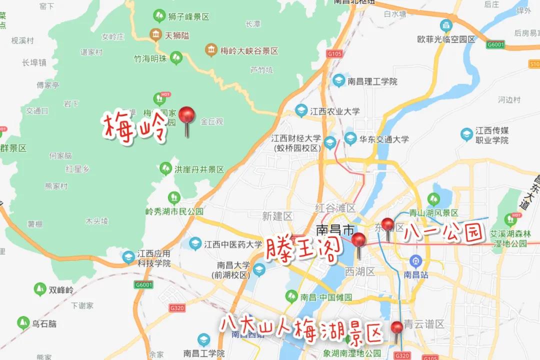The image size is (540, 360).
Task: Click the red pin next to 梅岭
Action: coord(187,116)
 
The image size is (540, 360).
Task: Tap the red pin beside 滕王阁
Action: coord(358,240)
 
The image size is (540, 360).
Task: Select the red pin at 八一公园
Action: coord(387,224)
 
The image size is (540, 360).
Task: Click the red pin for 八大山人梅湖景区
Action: coord(397,328)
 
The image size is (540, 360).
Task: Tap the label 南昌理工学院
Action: coord(372,81)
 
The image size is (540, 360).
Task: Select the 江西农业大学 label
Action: coord(334,111)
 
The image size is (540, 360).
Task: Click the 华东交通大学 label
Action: coord(383,139)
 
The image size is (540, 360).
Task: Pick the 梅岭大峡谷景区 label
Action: coord(249,51)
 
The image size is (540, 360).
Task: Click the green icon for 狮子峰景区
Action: coord(159,16)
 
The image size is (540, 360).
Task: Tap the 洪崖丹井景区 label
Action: coord(198,169)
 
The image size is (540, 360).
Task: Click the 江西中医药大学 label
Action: coord(232,244)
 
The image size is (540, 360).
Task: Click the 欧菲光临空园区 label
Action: coord(453,38)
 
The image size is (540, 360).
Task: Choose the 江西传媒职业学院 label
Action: coord(492,135)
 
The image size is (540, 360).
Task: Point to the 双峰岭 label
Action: coord(61,289)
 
